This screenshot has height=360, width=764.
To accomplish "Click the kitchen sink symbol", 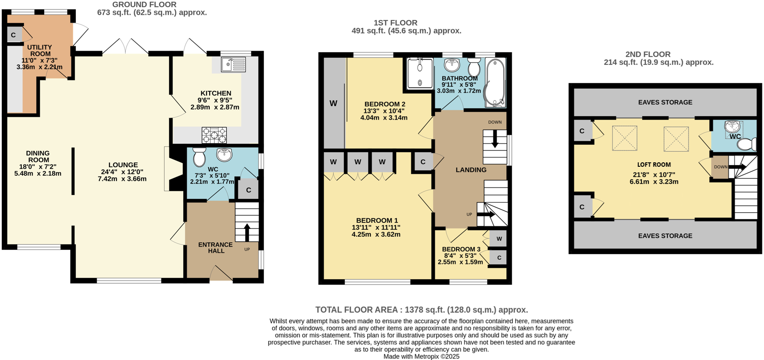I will (x=233, y=65).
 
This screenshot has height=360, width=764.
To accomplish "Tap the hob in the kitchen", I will (x=214, y=135).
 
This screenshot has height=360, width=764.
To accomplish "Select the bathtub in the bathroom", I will (x=495, y=82).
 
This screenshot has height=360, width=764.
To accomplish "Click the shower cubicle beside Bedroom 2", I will (x=420, y=73).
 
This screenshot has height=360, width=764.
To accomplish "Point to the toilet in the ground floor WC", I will (x=199, y=156).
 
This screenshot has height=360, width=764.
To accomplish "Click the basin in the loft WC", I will (x=733, y=127).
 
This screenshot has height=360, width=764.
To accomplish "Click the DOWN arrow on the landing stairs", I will (x=495, y=139).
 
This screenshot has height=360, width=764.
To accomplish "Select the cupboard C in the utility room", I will (x=14, y=35).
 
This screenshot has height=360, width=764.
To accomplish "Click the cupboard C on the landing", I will (x=423, y=162).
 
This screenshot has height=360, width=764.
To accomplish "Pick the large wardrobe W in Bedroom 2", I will (x=334, y=103).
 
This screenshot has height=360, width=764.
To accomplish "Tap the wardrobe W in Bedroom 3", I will (x=499, y=239).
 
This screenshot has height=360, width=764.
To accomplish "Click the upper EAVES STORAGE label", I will (x=665, y=102).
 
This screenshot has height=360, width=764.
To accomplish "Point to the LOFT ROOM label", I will (x=654, y=165).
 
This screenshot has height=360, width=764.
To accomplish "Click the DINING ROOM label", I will (x=38, y=157).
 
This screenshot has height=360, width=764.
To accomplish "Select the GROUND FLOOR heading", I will (x=144, y=5).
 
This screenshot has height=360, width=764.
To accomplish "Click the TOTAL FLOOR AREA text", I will (x=421, y=310).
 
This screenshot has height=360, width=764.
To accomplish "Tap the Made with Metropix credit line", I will (x=421, y=356).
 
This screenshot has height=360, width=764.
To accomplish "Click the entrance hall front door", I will (x=221, y=274).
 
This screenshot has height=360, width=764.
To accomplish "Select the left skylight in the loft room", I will (x=625, y=139).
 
